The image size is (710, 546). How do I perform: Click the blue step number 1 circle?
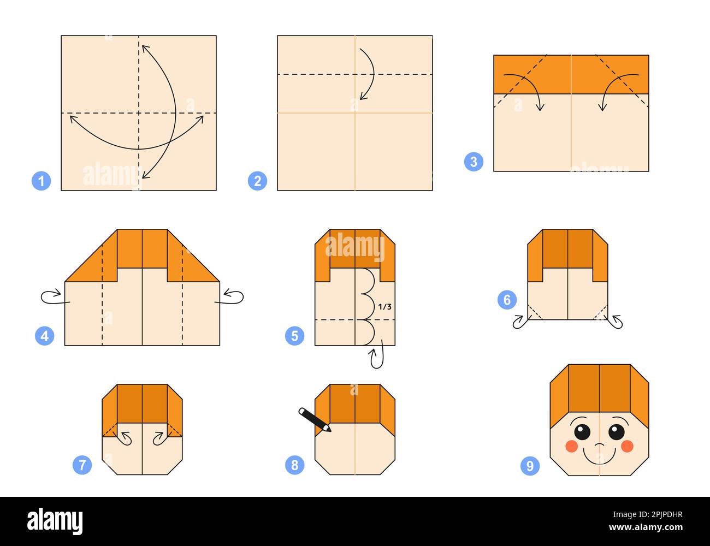pyautogui.click(x=41, y=181)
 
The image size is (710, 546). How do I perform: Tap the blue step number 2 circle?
pyautogui.click(x=257, y=181)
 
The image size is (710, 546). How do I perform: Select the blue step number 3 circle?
pyautogui.click(x=474, y=162)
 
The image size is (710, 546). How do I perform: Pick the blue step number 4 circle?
pyautogui.click(x=45, y=336)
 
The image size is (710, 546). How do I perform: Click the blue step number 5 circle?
pyautogui.click(x=294, y=336)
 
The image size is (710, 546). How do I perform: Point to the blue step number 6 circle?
pyautogui.click(x=507, y=300)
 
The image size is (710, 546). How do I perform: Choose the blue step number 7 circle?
pyautogui.click(x=82, y=465)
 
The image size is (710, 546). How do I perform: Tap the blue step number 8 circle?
pyautogui.click(x=294, y=465)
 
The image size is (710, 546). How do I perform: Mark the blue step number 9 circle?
pyautogui.click(x=530, y=466)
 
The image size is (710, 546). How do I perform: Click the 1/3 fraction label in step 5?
pyautogui.click(x=385, y=307)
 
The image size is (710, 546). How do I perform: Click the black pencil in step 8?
pyautogui.click(x=315, y=420)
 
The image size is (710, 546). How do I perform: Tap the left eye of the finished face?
pyautogui.click(x=582, y=432)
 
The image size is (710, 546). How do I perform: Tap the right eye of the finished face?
pyautogui.click(x=617, y=432)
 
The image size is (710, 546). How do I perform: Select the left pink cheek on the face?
pyautogui.click(x=571, y=446)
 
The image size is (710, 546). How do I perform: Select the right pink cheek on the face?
pyautogui.click(x=627, y=446)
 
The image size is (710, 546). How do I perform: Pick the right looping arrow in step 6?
pyautogui.click(x=617, y=322)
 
